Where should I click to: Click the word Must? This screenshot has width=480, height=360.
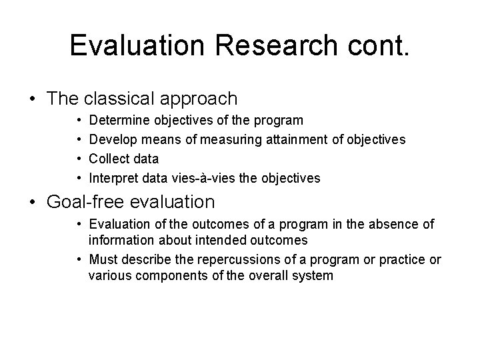103,260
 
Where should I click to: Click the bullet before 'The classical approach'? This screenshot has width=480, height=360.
33,99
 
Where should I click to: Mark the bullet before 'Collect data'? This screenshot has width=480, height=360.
79,159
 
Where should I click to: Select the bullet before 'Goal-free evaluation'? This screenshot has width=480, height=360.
33,201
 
